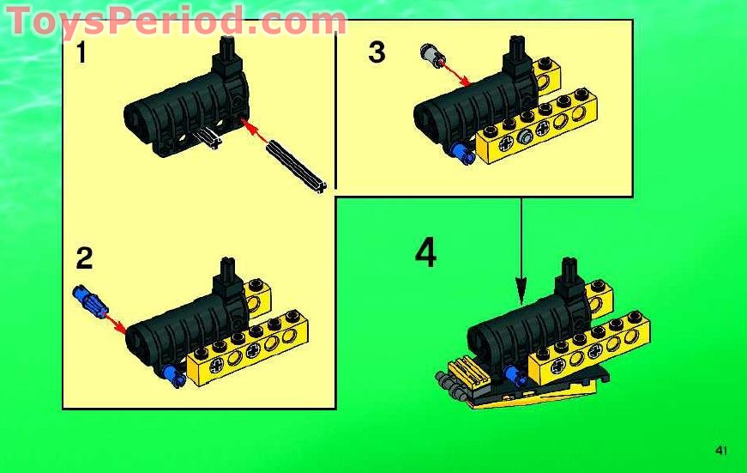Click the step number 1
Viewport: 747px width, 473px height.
[x=81, y=54]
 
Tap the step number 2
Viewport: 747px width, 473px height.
[x=84, y=258]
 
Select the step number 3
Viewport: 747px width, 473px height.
[x=377, y=53]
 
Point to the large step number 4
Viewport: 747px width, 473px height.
[x=425, y=252]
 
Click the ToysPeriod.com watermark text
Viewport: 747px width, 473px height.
[x=176, y=21]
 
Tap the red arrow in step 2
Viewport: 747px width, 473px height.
[x=113, y=320]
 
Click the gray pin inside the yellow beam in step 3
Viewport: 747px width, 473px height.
[x=524, y=137]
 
